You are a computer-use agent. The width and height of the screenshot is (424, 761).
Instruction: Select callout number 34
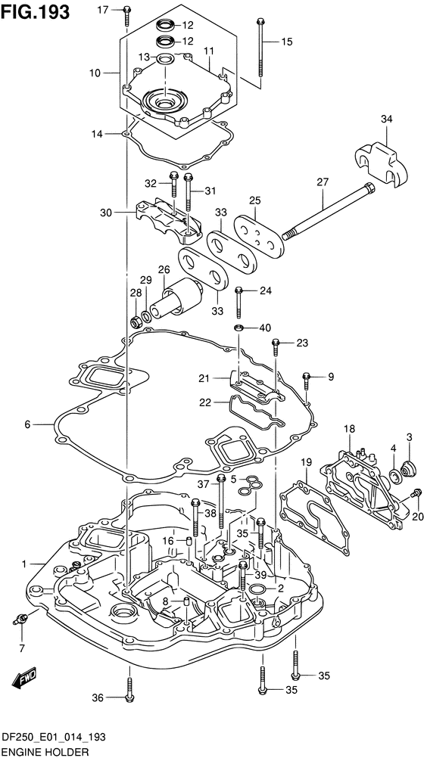coord(387,119)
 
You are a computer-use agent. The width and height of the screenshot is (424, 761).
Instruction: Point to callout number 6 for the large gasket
coord(27,424)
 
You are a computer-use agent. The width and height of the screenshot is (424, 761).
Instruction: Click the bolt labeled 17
coord(126,16)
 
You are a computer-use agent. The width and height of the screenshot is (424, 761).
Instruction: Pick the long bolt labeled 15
coord(260,48)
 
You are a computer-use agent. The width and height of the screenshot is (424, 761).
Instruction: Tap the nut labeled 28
coord(137,321)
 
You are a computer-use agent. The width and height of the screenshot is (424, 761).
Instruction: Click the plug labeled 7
coord(21,618)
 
